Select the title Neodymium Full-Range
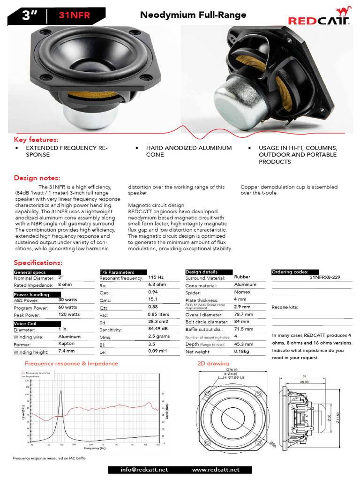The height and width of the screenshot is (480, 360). click(x=193, y=15)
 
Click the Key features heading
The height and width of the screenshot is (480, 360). click(x=36, y=140)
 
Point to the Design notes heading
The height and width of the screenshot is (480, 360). click(x=37, y=178)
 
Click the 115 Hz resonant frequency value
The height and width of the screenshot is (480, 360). click(x=156, y=277)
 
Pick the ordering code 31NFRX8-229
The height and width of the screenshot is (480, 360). click(x=326, y=277)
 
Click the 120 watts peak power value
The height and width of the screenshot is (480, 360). click(x=69, y=315)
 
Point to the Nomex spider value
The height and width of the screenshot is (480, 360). click(x=242, y=292)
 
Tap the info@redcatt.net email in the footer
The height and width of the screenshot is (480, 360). click(x=144, y=470)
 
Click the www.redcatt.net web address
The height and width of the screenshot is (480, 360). click(x=216, y=470)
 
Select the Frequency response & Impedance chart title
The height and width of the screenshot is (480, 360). click(x=71, y=363)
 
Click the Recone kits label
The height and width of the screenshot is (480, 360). click(x=285, y=307)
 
